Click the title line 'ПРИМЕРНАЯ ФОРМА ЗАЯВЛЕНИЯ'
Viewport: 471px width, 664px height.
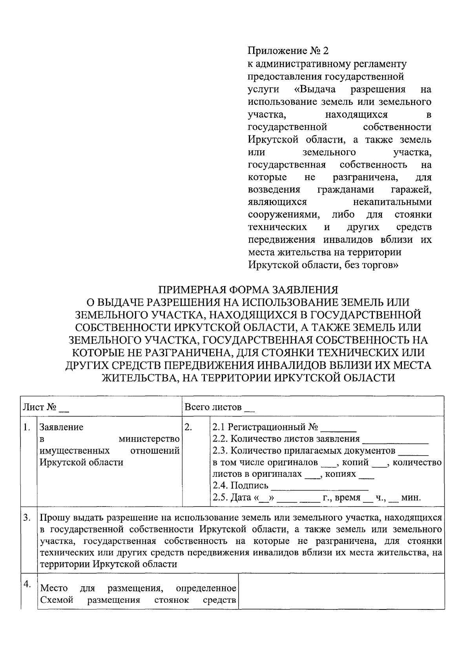[248, 290]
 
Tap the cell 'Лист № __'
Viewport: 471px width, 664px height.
[46, 407]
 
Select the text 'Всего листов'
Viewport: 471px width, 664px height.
[213, 407]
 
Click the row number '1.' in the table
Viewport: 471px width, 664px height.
[27, 427]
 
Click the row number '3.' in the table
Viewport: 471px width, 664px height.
[27, 518]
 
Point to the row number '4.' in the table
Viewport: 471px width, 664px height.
[27, 584]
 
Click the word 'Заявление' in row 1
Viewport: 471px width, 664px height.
[62, 427]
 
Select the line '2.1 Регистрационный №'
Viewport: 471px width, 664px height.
[265, 427]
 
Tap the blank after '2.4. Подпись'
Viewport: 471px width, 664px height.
[319, 486]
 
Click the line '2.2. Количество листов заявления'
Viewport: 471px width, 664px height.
[286, 439]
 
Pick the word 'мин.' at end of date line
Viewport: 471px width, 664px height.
[411, 498]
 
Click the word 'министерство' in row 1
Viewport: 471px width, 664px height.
[149, 439]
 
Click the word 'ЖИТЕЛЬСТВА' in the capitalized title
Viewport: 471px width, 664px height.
[139, 378]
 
